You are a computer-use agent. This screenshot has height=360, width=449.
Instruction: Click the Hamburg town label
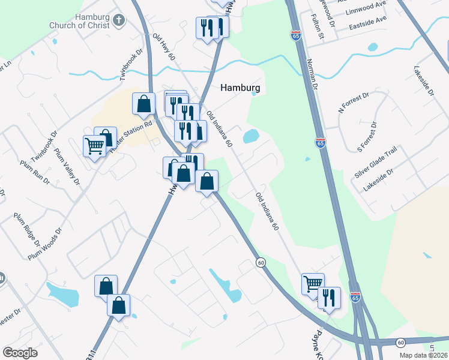[240, 87]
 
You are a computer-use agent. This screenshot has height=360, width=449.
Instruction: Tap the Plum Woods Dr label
[46, 244]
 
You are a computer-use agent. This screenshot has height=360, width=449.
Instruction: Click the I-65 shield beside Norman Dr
[320, 143]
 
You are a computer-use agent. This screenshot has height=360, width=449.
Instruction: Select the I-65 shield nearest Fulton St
[295, 36]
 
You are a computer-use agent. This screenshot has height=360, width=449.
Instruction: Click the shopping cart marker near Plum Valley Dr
[95, 145]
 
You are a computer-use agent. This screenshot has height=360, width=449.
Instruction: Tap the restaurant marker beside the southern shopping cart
[329, 297]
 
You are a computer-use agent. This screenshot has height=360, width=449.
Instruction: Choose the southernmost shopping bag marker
[119, 305]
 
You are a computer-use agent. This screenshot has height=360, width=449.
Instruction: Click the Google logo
[20, 353]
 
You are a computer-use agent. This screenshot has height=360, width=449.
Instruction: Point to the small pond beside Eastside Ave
[372, 47]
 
